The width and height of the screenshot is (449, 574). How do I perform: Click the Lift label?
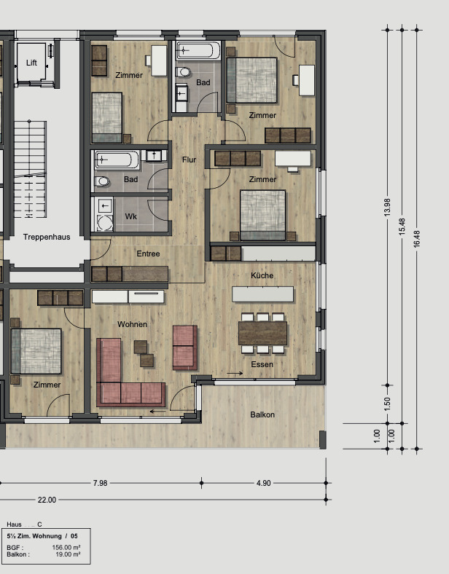31,63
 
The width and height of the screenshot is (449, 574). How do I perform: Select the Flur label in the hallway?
189,160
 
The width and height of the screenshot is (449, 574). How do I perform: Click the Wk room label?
131,217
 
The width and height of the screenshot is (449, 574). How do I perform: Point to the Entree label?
148,253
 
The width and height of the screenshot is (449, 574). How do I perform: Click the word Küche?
262,275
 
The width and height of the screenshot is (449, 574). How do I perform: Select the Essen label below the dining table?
262,363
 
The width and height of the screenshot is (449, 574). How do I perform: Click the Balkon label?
262,414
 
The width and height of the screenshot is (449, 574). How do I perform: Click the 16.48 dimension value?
417,238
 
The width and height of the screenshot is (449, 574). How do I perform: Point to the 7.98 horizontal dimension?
103,483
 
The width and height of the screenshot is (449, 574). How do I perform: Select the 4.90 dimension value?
263,483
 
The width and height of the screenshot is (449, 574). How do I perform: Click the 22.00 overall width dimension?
47,500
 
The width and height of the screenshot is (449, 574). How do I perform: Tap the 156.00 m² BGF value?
66,547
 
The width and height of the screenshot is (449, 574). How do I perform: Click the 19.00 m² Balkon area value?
68,554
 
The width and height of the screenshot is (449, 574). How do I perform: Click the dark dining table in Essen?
263,332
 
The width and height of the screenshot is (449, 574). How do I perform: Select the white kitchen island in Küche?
262,294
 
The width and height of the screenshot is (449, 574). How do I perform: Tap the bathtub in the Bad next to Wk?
117,159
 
